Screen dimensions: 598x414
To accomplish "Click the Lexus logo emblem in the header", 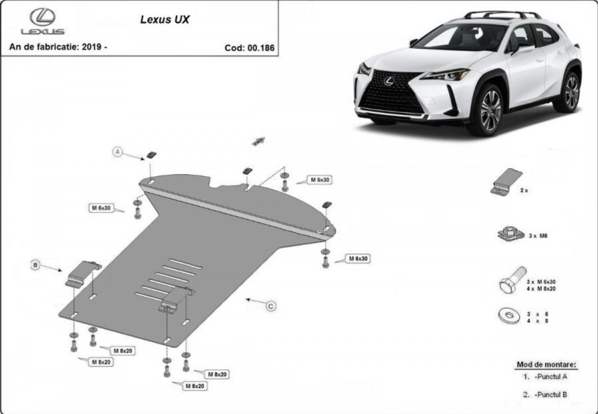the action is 42,18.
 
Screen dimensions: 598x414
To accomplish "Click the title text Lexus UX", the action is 165,19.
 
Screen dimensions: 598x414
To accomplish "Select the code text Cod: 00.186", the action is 249,48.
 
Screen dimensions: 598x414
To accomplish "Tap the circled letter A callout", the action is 118,152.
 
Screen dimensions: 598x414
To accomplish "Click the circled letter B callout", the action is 36,265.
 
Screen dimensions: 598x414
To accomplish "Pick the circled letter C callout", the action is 271,306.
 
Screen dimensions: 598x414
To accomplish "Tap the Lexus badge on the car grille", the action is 389,81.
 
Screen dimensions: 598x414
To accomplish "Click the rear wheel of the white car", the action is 571,92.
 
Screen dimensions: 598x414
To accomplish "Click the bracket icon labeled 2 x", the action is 506,182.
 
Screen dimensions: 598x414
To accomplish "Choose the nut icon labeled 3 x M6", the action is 510,233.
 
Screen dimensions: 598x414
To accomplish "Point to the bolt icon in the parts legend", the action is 512,280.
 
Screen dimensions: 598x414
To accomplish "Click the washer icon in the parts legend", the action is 509,316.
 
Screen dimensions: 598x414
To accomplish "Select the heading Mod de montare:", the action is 546,365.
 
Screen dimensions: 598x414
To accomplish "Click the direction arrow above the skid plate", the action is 259,141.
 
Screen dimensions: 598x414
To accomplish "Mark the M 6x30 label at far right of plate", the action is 358,259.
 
